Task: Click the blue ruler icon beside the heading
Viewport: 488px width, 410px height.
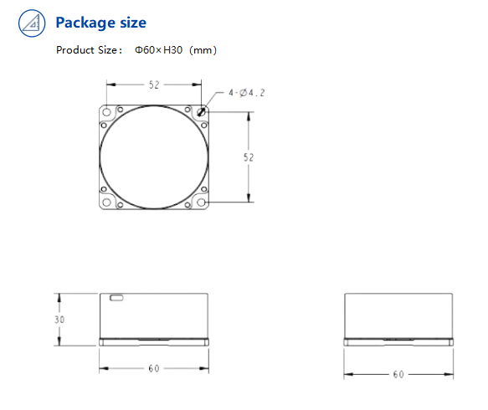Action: click(32, 23)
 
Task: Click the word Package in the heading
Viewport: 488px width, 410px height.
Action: click(82, 23)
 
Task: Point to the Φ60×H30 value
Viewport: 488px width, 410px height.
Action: click(158, 50)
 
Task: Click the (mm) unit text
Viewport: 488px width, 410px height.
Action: click(203, 50)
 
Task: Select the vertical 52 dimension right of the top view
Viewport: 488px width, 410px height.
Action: click(248, 156)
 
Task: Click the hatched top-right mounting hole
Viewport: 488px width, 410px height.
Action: click(201, 112)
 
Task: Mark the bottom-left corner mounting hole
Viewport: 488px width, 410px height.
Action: click(106, 202)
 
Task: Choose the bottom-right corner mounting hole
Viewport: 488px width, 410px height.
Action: click(201, 202)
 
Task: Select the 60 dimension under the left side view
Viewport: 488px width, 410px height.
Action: click(153, 369)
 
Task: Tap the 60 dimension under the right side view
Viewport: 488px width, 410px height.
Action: click(398, 374)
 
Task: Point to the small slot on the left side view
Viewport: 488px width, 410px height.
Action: click(116, 297)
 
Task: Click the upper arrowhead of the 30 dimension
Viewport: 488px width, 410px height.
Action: click(59, 296)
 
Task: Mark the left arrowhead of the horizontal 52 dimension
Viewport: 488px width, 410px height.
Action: click(109, 85)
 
